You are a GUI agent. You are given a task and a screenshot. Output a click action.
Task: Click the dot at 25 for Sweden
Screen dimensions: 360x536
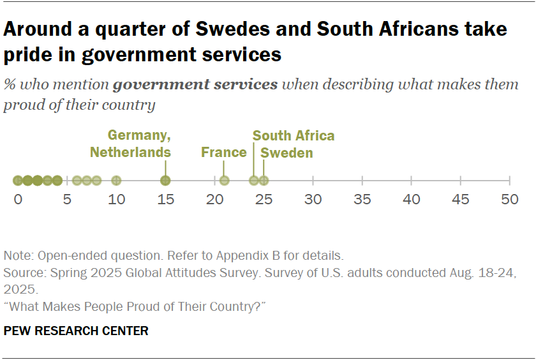(x=264, y=181)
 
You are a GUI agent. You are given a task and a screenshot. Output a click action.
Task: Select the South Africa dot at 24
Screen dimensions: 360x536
(x=254, y=181)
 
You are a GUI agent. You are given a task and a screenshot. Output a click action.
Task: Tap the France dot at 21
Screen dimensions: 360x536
(x=225, y=181)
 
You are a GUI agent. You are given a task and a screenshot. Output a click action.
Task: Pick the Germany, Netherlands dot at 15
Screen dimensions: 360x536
(x=165, y=181)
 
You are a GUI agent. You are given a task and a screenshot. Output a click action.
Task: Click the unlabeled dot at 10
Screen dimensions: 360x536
(x=116, y=181)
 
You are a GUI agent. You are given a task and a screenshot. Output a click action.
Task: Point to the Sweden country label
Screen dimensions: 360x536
(x=287, y=153)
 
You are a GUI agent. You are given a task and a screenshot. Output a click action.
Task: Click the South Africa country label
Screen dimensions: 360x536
(x=294, y=136)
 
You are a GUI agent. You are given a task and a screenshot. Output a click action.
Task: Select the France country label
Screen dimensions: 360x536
(x=223, y=152)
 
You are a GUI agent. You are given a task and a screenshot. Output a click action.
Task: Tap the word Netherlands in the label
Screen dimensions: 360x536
(x=130, y=152)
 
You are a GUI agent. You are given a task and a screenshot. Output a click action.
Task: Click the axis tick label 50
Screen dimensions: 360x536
(x=509, y=200)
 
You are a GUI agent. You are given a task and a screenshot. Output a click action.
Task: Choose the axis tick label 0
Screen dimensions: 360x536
(x=18, y=200)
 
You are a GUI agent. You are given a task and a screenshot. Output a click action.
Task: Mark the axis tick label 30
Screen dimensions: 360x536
(x=313, y=200)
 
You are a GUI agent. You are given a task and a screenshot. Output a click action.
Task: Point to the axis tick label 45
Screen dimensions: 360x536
(x=460, y=200)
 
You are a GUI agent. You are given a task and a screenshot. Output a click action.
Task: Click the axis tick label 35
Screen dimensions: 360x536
(x=362, y=200)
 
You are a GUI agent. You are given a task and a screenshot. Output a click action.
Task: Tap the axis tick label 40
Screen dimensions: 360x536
(x=411, y=200)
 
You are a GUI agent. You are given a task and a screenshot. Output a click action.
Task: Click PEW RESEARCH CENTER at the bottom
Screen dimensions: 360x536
(x=76, y=331)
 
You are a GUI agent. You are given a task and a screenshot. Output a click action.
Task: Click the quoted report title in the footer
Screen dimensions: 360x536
(x=135, y=307)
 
